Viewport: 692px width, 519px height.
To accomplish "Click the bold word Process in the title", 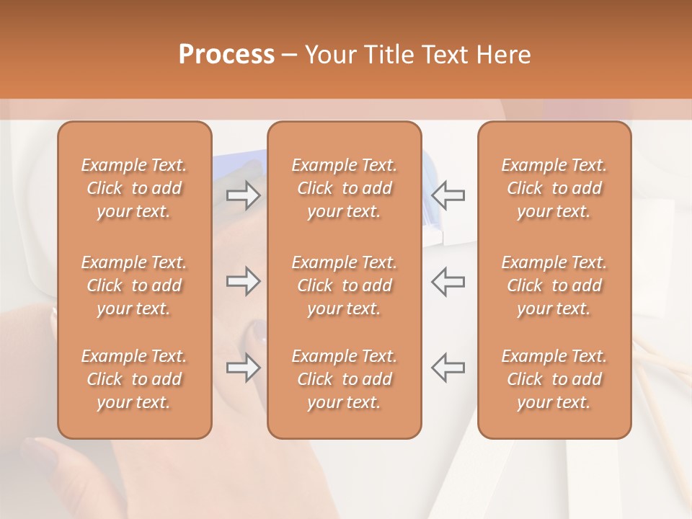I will (x=226, y=55).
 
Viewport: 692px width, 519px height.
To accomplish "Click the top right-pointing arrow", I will (x=244, y=195).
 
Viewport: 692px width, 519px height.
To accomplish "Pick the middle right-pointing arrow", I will (x=244, y=281).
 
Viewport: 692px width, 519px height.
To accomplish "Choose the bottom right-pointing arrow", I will (x=244, y=368).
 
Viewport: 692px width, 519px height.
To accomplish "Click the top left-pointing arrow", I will (x=448, y=195).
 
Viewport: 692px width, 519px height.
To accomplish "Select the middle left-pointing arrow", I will (x=448, y=281).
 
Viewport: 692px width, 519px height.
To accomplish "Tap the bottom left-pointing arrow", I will (x=448, y=368).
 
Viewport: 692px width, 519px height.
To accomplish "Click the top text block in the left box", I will (x=134, y=188).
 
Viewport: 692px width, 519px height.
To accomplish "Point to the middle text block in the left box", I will (x=134, y=285).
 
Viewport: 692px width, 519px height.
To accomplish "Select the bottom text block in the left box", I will (x=134, y=379).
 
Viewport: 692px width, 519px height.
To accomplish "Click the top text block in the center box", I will (x=345, y=188).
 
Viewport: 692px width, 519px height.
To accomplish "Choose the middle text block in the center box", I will (x=345, y=285).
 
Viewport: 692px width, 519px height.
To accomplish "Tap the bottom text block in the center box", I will (x=345, y=379).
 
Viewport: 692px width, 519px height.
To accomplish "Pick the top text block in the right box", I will (x=554, y=188).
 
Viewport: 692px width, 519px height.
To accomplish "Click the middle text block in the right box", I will (x=554, y=285).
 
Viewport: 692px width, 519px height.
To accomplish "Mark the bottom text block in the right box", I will (x=554, y=379).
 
